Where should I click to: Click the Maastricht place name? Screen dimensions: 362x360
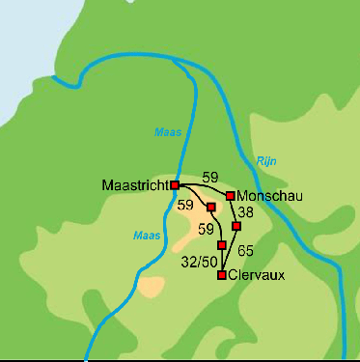tap(134, 184)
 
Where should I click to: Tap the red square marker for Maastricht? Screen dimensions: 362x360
tap(175, 184)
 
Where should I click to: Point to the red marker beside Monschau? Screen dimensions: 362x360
tap(230, 196)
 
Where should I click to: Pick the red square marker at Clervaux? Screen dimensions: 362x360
tap(222, 275)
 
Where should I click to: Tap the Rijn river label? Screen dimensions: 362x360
tap(266, 161)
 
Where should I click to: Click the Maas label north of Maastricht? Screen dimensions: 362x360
tap(167, 132)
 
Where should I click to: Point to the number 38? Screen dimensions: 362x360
tap(246, 212)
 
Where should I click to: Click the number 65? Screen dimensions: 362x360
tap(245, 251)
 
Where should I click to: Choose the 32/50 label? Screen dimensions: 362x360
tap(199, 261)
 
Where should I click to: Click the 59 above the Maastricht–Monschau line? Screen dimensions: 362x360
tap(210, 176)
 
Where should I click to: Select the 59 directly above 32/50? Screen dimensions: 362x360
tap(206, 230)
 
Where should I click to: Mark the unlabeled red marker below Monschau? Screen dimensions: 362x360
tap(236, 226)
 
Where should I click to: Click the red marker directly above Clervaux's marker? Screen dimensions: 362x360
tap(222, 245)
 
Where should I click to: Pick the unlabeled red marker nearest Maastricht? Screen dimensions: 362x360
tap(210, 207)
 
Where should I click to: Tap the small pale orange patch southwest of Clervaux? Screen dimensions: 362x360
tap(152, 286)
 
